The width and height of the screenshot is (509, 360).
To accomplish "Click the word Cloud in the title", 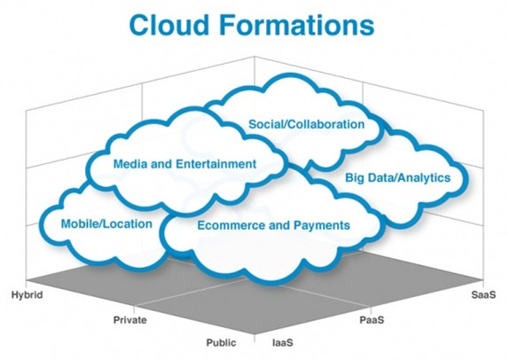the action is click(168, 25).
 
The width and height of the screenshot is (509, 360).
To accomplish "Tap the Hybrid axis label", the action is click(27, 295).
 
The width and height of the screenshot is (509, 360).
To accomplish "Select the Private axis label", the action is click(129, 320).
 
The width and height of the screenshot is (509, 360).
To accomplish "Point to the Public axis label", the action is click(222, 342).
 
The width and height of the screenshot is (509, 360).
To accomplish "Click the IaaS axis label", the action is click(283, 342).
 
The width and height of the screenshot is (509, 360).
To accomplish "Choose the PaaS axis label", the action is click(372, 320).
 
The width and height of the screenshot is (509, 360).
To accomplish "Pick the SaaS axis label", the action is click(483, 294).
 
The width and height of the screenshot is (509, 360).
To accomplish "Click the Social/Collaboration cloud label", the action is click(307, 124).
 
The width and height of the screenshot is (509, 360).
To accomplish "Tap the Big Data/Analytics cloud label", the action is click(397, 178).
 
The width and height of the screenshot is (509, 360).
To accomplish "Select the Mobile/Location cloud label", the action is click(106, 223).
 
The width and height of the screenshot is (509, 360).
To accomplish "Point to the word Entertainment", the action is click(215, 164).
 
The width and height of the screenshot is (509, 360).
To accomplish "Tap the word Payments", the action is click(322, 225).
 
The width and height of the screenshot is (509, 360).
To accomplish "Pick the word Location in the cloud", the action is click(129, 223).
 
